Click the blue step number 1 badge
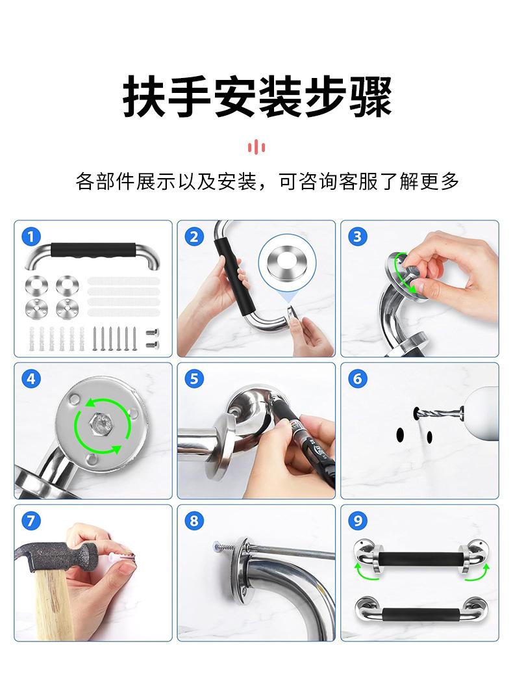click(x=31, y=237)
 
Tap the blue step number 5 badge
click(x=194, y=379)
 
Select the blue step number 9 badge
click(x=358, y=521)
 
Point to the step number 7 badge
click(x=31, y=521)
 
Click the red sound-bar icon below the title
click(x=256, y=147)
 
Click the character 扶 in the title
click(x=144, y=96)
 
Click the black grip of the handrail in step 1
click(x=92, y=251)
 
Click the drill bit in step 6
click(x=438, y=412)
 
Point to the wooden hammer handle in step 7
click(x=49, y=601)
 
